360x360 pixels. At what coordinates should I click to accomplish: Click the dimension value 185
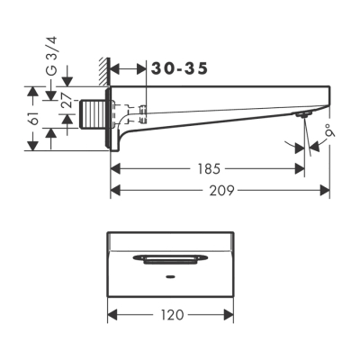click(208, 168)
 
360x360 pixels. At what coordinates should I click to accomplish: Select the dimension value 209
click(220, 191)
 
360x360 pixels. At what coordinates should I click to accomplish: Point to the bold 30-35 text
click(178, 68)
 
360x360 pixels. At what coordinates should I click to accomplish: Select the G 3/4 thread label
click(52, 57)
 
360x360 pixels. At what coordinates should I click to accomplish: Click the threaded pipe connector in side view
click(91, 117)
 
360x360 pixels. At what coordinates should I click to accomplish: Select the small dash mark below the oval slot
click(172, 277)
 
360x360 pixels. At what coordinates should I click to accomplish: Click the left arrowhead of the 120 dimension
click(112, 315)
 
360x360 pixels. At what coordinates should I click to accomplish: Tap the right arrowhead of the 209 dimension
click(327, 191)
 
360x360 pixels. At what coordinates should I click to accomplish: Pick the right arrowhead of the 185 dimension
click(301, 168)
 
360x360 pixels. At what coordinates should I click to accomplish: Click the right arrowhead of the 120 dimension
click(230, 315)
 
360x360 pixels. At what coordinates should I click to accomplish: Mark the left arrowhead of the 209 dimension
click(114, 191)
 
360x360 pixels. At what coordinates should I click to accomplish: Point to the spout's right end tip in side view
click(329, 96)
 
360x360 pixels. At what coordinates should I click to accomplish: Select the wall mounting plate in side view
click(111, 119)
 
